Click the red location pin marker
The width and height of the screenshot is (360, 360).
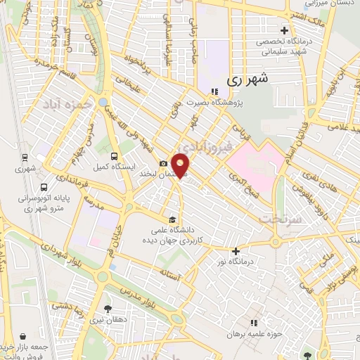coord(181,165)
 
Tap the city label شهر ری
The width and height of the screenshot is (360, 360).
coord(248,80)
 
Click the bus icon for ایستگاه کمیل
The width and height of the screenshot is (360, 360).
coord(115,156)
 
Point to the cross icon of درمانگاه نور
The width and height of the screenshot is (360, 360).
coord(236,251)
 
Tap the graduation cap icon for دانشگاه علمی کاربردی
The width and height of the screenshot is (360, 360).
coord(173,218)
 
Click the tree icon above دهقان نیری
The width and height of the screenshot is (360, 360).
coord(107,308)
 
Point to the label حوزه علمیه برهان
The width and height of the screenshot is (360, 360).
coord(254,334)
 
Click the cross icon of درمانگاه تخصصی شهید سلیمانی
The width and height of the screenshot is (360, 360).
coord(283,30)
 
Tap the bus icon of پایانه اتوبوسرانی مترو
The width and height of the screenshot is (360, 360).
coord(44,188)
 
